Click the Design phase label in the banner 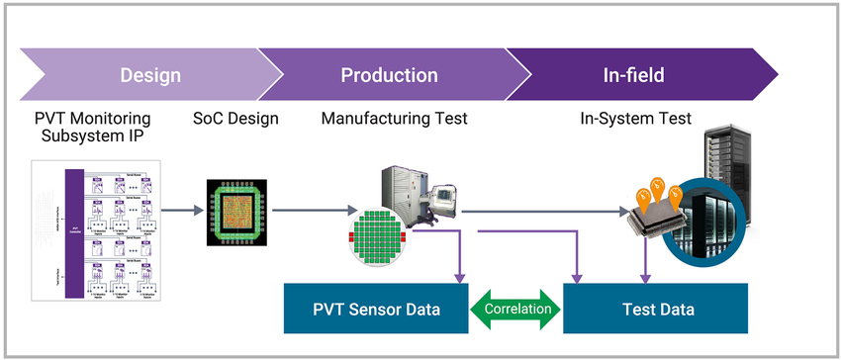(x=150, y=75)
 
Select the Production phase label (x=389, y=75)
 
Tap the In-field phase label (x=633, y=75)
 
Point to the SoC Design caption (x=235, y=119)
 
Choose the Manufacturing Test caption (x=394, y=119)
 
